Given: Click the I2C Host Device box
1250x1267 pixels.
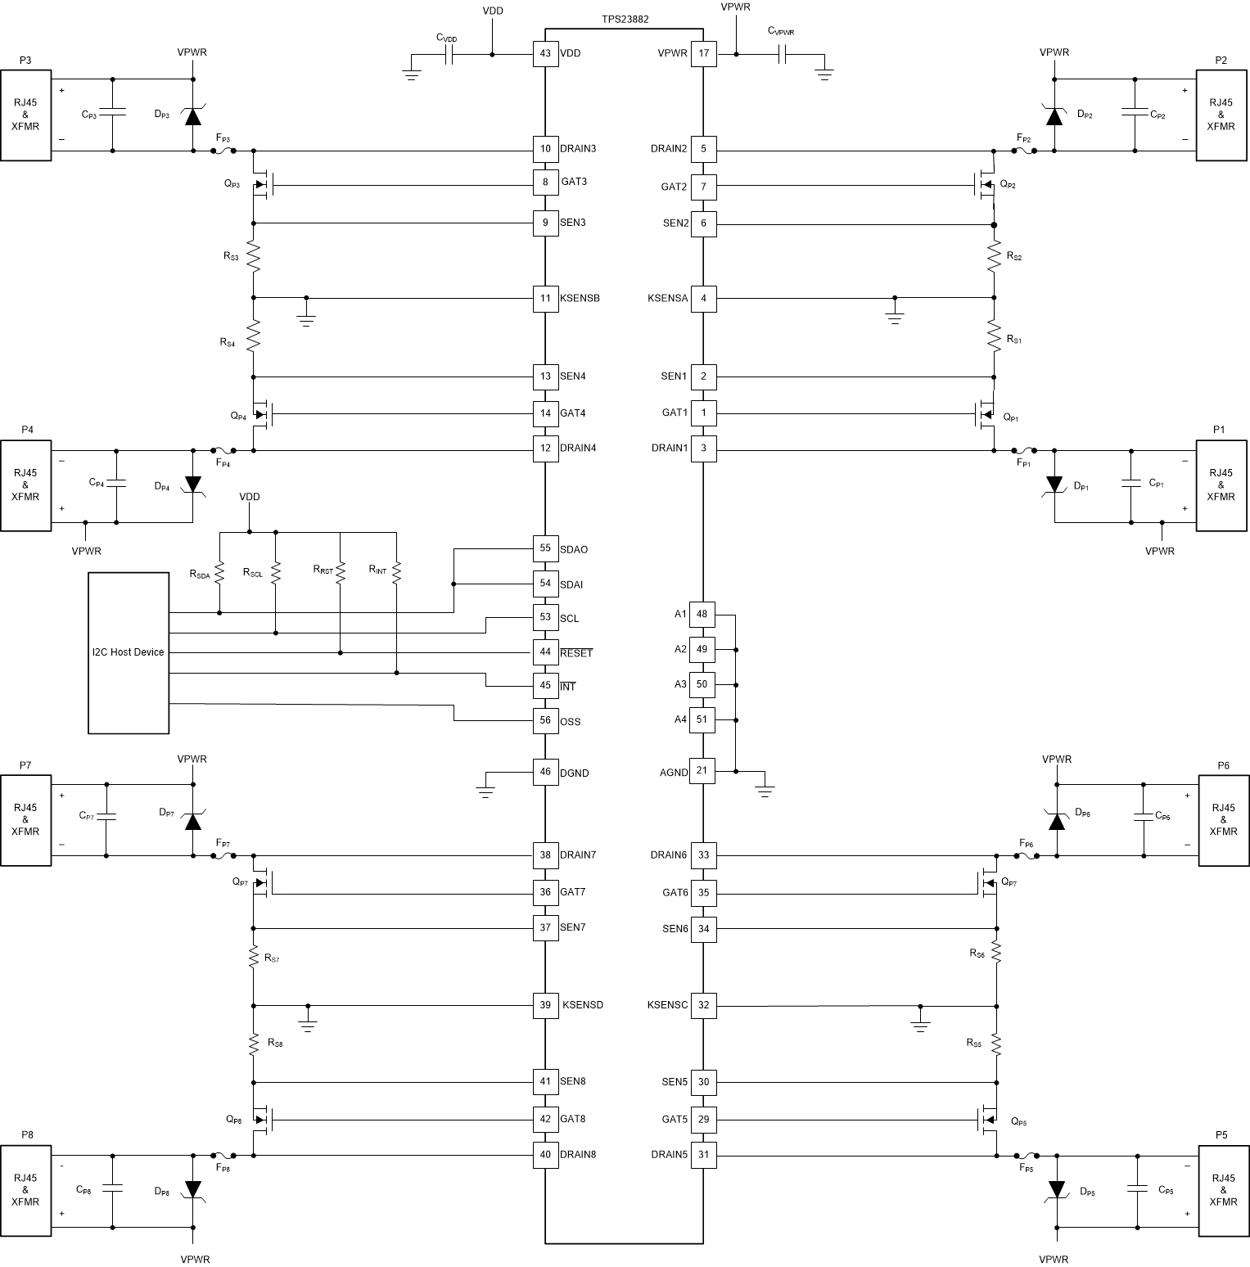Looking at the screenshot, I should click(129, 652).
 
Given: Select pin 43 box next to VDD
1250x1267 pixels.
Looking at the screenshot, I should click(545, 54).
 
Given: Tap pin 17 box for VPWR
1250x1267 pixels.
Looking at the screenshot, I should click(703, 54).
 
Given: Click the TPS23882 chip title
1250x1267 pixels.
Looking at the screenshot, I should click(624, 19).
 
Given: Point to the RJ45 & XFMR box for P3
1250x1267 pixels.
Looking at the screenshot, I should click(25, 115).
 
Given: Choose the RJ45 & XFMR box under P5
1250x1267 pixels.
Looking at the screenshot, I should click(1223, 1190).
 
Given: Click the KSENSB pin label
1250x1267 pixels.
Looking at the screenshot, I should click(580, 298).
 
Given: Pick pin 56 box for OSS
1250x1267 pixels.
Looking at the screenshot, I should click(545, 721).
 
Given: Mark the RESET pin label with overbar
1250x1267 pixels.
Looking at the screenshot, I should click(576, 653).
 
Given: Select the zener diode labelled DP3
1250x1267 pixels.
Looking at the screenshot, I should click(192, 115).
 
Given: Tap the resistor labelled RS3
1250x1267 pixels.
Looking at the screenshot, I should click(253, 258).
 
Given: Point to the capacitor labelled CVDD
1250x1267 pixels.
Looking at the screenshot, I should click(449, 55).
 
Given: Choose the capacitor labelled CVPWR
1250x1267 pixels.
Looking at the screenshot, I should click(782, 55).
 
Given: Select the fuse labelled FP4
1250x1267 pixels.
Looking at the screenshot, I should click(223, 450).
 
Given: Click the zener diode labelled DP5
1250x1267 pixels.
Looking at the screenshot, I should click(1056, 1190).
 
